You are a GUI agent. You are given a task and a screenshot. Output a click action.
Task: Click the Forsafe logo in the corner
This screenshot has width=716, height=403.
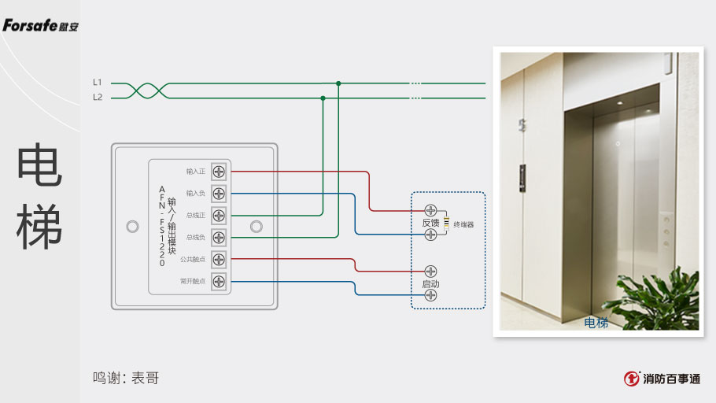[40, 26]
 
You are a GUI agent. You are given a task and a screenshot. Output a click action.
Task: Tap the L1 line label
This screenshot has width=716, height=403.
[98, 82]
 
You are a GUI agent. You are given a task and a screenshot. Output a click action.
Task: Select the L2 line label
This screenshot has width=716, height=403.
[98, 98]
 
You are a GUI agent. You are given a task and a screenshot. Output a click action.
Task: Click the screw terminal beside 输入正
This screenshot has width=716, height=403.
[219, 171]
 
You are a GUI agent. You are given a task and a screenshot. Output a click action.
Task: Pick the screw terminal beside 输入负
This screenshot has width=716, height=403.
[219, 193]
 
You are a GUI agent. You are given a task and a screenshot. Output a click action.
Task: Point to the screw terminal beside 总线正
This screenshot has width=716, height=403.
[219, 215]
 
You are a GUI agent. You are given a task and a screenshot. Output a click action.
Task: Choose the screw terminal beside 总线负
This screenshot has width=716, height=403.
[219, 237]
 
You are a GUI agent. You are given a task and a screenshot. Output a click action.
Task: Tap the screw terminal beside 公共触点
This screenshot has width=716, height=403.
[219, 259]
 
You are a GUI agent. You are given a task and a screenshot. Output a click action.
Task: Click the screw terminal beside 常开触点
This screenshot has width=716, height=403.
[219, 281]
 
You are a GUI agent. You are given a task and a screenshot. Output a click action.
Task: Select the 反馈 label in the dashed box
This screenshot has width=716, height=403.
[430, 223]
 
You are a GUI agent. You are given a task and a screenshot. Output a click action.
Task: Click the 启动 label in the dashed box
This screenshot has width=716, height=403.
[430, 283]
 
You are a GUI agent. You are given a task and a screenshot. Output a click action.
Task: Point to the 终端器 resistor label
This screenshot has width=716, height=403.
[463, 225]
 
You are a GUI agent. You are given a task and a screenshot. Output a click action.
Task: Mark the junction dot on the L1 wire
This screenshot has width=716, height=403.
[338, 83]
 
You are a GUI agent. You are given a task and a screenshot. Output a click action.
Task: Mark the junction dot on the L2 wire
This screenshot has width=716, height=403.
[323, 98]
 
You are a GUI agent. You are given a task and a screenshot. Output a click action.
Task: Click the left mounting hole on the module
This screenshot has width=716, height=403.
[132, 227]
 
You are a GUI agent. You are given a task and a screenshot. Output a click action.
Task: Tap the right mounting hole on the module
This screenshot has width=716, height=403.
[255, 227]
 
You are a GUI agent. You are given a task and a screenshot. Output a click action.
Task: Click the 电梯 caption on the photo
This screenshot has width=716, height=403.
[596, 323]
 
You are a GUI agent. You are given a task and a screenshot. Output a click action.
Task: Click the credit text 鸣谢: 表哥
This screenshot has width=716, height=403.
[126, 378]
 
